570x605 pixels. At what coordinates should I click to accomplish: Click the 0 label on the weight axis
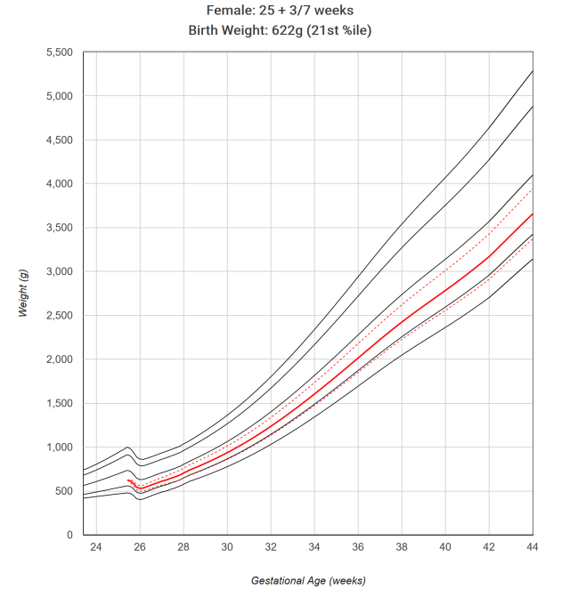pyautogui.click(x=69, y=535)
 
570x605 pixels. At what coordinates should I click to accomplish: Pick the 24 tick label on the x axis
pyautogui.click(x=96, y=549)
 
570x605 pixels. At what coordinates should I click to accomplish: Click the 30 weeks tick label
pyautogui.click(x=227, y=549)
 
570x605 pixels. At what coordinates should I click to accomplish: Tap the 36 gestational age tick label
pyautogui.click(x=358, y=549)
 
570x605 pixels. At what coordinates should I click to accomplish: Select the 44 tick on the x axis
pyautogui.click(x=532, y=549)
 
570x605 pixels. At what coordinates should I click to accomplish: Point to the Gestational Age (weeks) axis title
pyautogui.click(x=308, y=581)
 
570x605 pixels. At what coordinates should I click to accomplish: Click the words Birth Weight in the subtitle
pyautogui.click(x=229, y=30)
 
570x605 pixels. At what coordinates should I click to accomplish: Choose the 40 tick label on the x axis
pyautogui.click(x=445, y=549)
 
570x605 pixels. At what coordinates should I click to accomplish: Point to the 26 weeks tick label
pyautogui.click(x=140, y=549)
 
